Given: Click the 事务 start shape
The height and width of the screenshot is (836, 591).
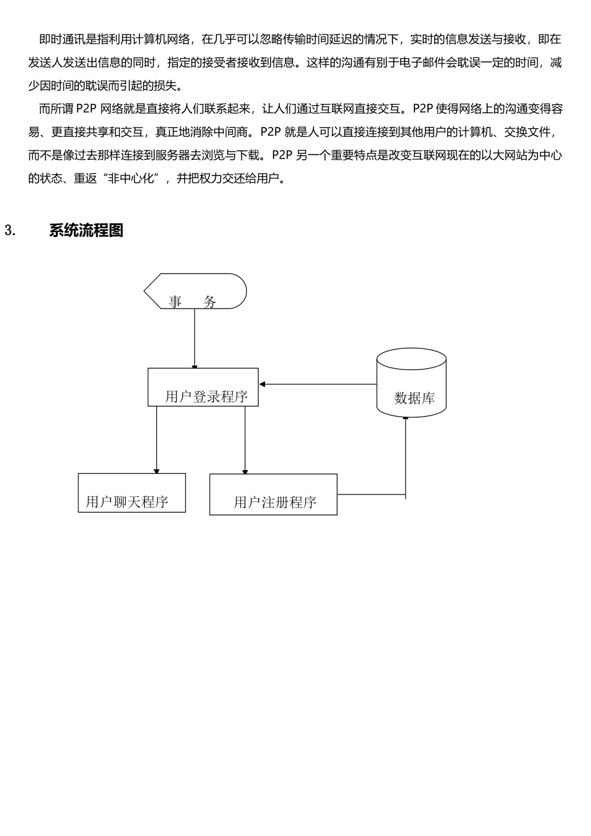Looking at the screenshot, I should click(x=195, y=291).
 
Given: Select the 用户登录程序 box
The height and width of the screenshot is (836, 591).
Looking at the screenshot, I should click(x=203, y=388).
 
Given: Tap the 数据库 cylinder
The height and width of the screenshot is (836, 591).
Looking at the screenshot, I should click(x=411, y=384).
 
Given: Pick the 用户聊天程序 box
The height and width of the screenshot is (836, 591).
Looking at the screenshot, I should click(x=131, y=493).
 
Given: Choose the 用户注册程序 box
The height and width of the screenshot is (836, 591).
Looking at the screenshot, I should click(x=273, y=495).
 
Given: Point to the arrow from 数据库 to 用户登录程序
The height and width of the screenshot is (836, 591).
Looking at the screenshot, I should click(x=318, y=384).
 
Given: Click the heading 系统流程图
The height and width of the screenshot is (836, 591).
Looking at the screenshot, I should click(x=86, y=230).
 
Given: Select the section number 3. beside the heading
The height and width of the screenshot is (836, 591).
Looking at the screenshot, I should click(x=10, y=230).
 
